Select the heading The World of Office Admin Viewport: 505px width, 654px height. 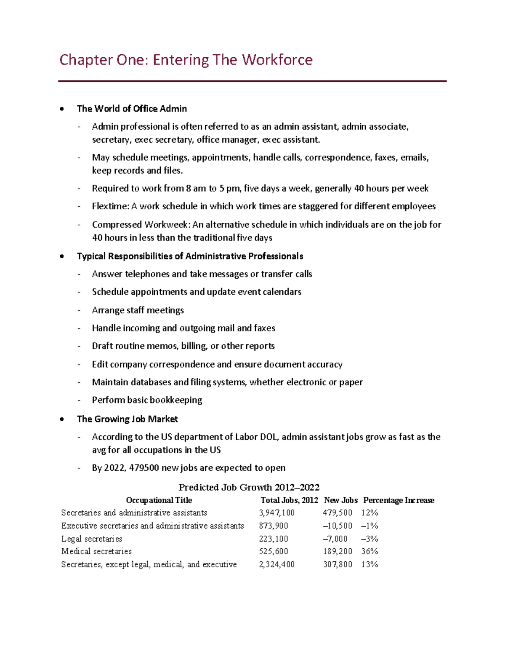pos(132,109)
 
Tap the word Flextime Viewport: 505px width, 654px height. pos(110,206)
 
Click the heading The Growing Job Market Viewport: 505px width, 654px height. pos(127,419)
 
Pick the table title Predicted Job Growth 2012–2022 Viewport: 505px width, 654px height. pos(249,487)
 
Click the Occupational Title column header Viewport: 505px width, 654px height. pos(159,500)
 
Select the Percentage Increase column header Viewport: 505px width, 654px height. pos(399,500)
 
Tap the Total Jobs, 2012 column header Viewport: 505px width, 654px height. pos(289,500)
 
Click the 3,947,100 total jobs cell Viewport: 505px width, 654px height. pos(277,513)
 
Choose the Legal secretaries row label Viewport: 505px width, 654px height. pos(92,539)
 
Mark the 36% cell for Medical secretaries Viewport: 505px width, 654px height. pos(369,551)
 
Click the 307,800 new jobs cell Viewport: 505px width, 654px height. pos(338,564)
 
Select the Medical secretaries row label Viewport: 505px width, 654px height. pos(96,551)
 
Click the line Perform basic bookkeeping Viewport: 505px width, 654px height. pos(147,400)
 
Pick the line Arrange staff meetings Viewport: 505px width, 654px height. pos(138,310)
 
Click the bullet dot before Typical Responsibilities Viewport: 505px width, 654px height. pos(62,256)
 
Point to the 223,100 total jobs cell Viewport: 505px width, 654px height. pos(274,539)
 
